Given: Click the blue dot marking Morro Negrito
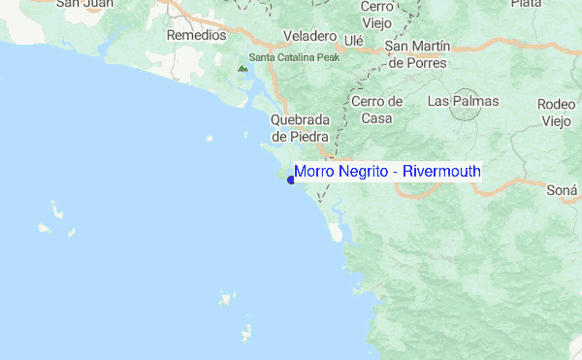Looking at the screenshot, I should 290,179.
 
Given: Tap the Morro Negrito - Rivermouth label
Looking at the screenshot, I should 386,172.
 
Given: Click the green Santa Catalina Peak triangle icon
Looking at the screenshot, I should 242,68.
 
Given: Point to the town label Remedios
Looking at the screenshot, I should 196,35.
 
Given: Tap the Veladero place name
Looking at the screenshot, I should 308,36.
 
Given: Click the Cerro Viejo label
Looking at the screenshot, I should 374,14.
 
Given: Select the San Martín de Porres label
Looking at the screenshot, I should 418,54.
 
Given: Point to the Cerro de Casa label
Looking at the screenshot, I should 376,110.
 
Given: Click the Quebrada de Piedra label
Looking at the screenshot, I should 302,128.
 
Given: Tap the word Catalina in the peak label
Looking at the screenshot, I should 292,57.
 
